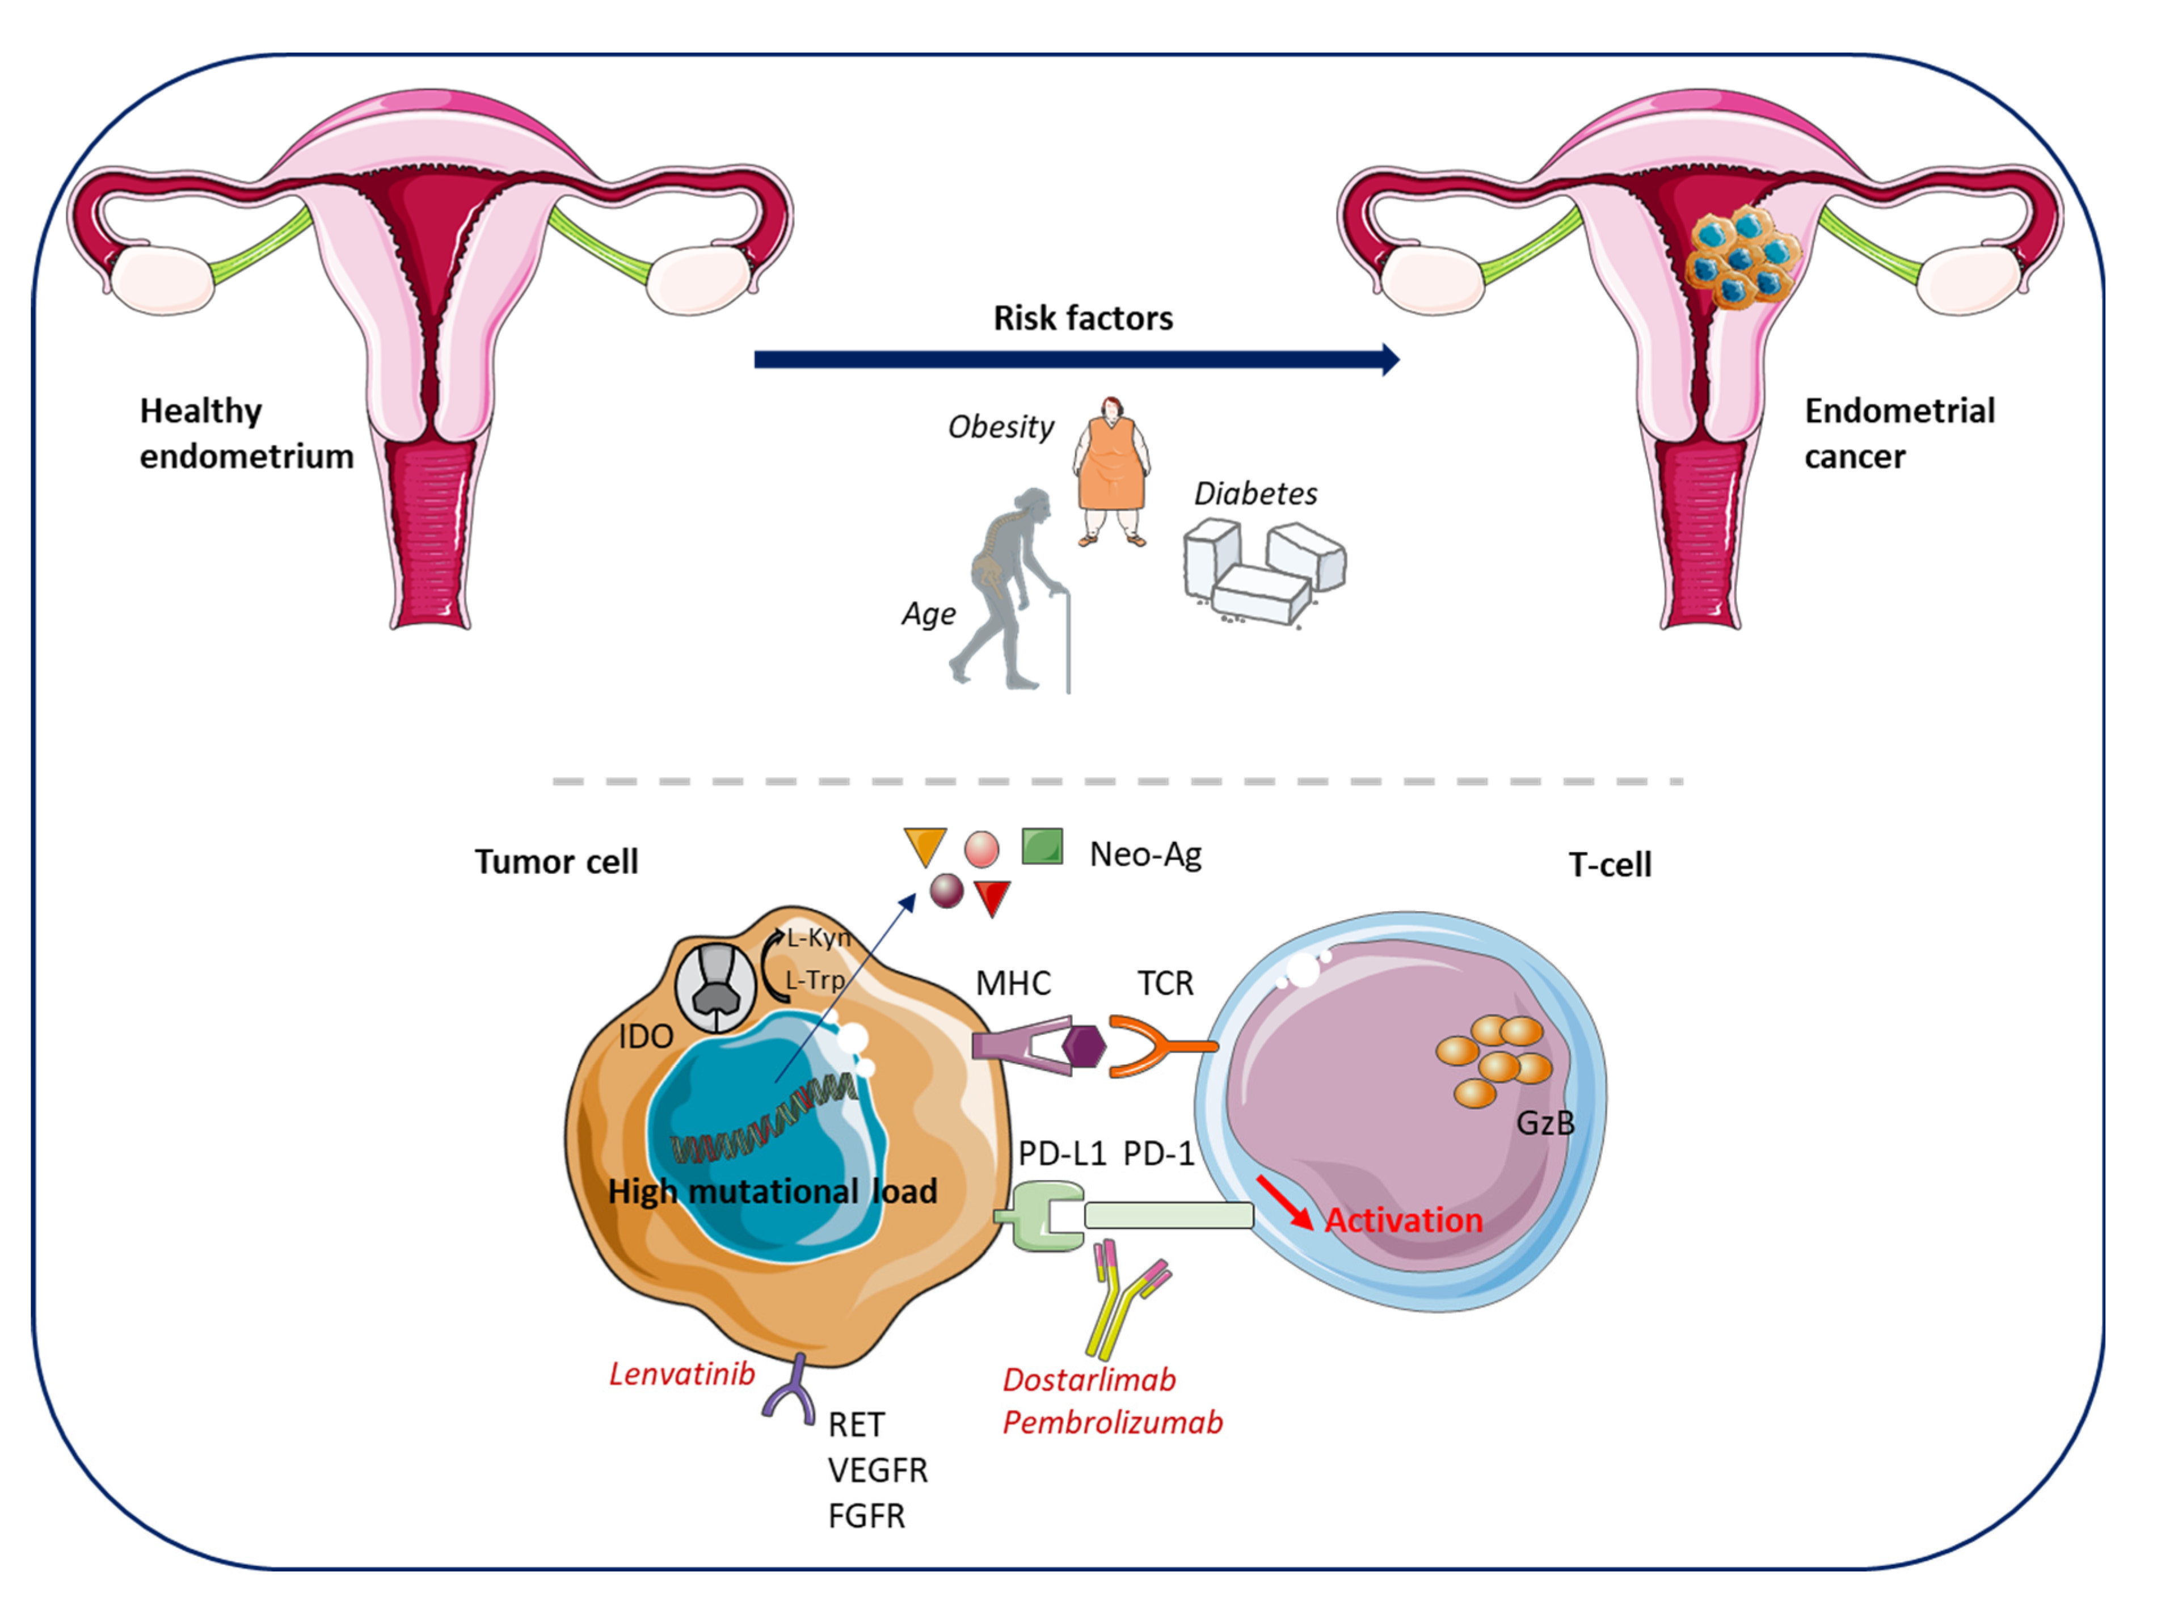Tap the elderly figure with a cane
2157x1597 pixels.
(x=1010, y=589)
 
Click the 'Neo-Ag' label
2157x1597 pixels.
(x=1145, y=854)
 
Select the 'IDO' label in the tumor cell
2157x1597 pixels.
(x=645, y=1036)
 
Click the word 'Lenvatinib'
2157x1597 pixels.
(x=681, y=1373)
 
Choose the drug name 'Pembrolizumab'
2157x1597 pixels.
(x=1112, y=1423)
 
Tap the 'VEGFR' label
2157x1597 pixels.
(x=877, y=1470)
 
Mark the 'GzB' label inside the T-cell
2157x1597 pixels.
(x=1545, y=1122)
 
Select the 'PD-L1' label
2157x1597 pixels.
(x=1061, y=1153)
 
